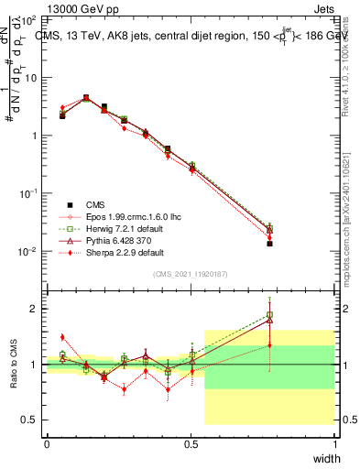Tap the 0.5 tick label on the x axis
pyautogui.click(x=190, y=444)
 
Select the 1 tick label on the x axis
pyautogui.click(x=333, y=444)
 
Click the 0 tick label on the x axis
pyautogui.click(x=46, y=444)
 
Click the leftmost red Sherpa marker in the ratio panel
pyautogui.click(x=62, y=337)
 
